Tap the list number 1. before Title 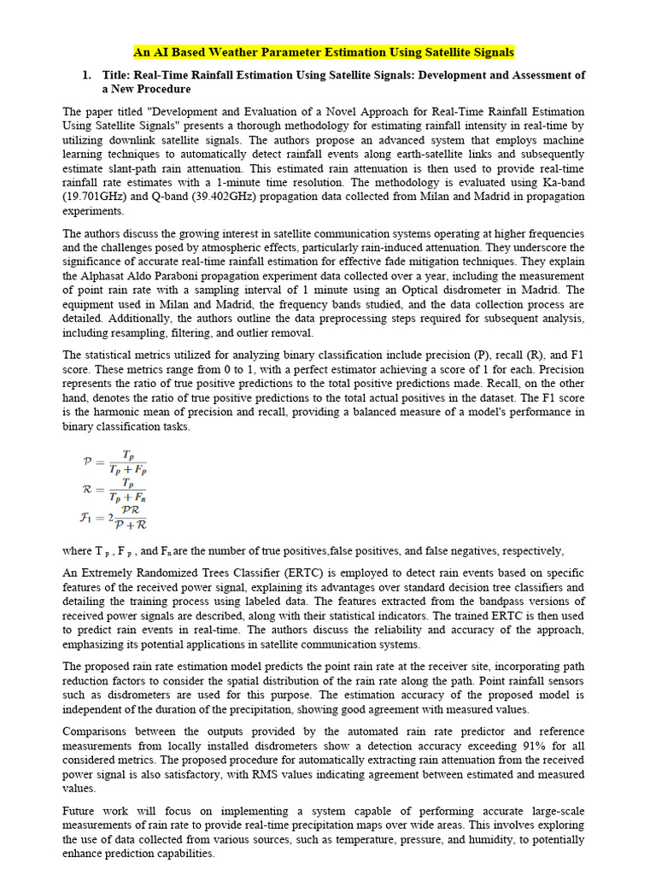(x=86, y=75)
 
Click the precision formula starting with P (x=114, y=461)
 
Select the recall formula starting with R (x=114, y=490)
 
